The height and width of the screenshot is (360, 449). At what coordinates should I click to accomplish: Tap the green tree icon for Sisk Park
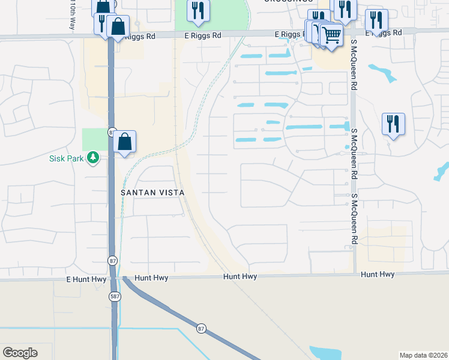pyautogui.click(x=92, y=158)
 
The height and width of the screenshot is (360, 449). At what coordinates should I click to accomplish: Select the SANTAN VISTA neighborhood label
pyautogui.click(x=152, y=192)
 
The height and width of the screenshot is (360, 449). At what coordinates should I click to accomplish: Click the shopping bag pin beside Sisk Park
pyautogui.click(x=124, y=142)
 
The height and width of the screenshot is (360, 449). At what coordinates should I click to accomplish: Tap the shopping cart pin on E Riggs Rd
pyautogui.click(x=331, y=35)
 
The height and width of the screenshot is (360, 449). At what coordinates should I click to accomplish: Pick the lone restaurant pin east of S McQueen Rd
pyautogui.click(x=393, y=125)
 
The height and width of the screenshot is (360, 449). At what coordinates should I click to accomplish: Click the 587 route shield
pyautogui.click(x=115, y=296)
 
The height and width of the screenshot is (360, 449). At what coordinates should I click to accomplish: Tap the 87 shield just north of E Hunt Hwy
pyautogui.click(x=113, y=260)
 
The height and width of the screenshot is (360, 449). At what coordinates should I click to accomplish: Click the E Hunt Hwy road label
pyautogui.click(x=86, y=279)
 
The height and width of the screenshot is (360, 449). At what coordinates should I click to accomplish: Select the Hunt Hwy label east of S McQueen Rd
pyautogui.click(x=378, y=274)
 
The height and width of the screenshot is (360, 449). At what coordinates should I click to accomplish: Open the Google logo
pyautogui.click(x=20, y=353)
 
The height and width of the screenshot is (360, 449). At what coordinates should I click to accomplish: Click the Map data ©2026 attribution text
pyautogui.click(x=423, y=355)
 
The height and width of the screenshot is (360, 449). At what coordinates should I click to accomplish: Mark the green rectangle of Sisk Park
pyautogui.click(x=93, y=139)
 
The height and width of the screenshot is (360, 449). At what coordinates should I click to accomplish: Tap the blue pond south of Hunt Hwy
pyautogui.click(x=325, y=352)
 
